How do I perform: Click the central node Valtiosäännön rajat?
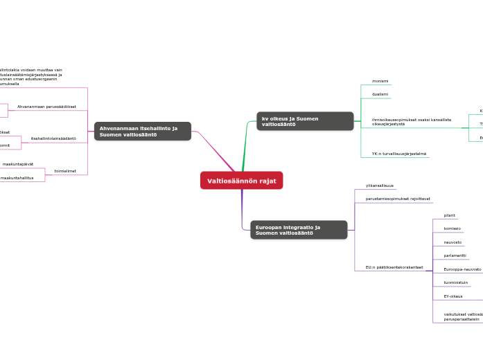point(241,181)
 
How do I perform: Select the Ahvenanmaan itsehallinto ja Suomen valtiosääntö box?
point(142,131)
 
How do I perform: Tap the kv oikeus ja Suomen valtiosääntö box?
point(304,121)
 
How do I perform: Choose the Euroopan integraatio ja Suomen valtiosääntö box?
point(298,230)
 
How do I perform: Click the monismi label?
point(379,81)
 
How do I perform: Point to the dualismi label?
point(380,94)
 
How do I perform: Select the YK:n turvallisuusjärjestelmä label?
point(398,154)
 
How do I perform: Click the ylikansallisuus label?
point(379,186)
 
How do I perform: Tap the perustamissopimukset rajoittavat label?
point(397,199)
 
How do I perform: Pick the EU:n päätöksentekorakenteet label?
point(394,267)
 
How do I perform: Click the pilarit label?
point(449,215)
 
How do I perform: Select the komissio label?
point(452,228)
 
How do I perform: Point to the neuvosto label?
point(453,242)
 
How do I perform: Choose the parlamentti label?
point(455,255)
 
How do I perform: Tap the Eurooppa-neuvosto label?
point(462,269)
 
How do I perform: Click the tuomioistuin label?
point(455,282)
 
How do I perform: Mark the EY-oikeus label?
point(453,296)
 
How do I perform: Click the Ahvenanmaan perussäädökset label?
point(46,107)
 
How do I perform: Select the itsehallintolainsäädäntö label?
point(53,138)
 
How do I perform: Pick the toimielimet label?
point(65,171)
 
